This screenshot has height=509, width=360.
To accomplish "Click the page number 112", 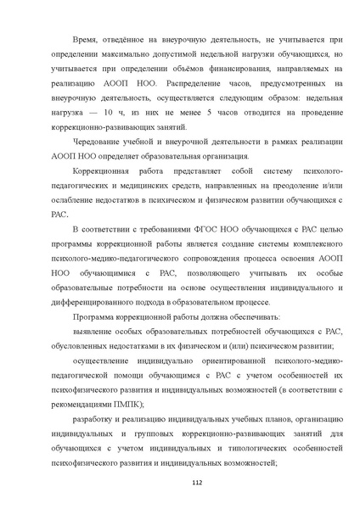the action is [180, 484].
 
